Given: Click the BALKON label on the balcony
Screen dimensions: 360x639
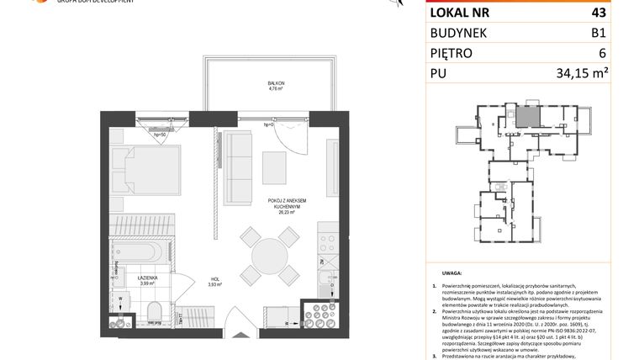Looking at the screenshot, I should tap(267, 83).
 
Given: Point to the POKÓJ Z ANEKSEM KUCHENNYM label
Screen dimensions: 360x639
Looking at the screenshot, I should tap(287, 203).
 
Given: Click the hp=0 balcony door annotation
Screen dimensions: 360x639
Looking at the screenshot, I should tap(269, 126).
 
